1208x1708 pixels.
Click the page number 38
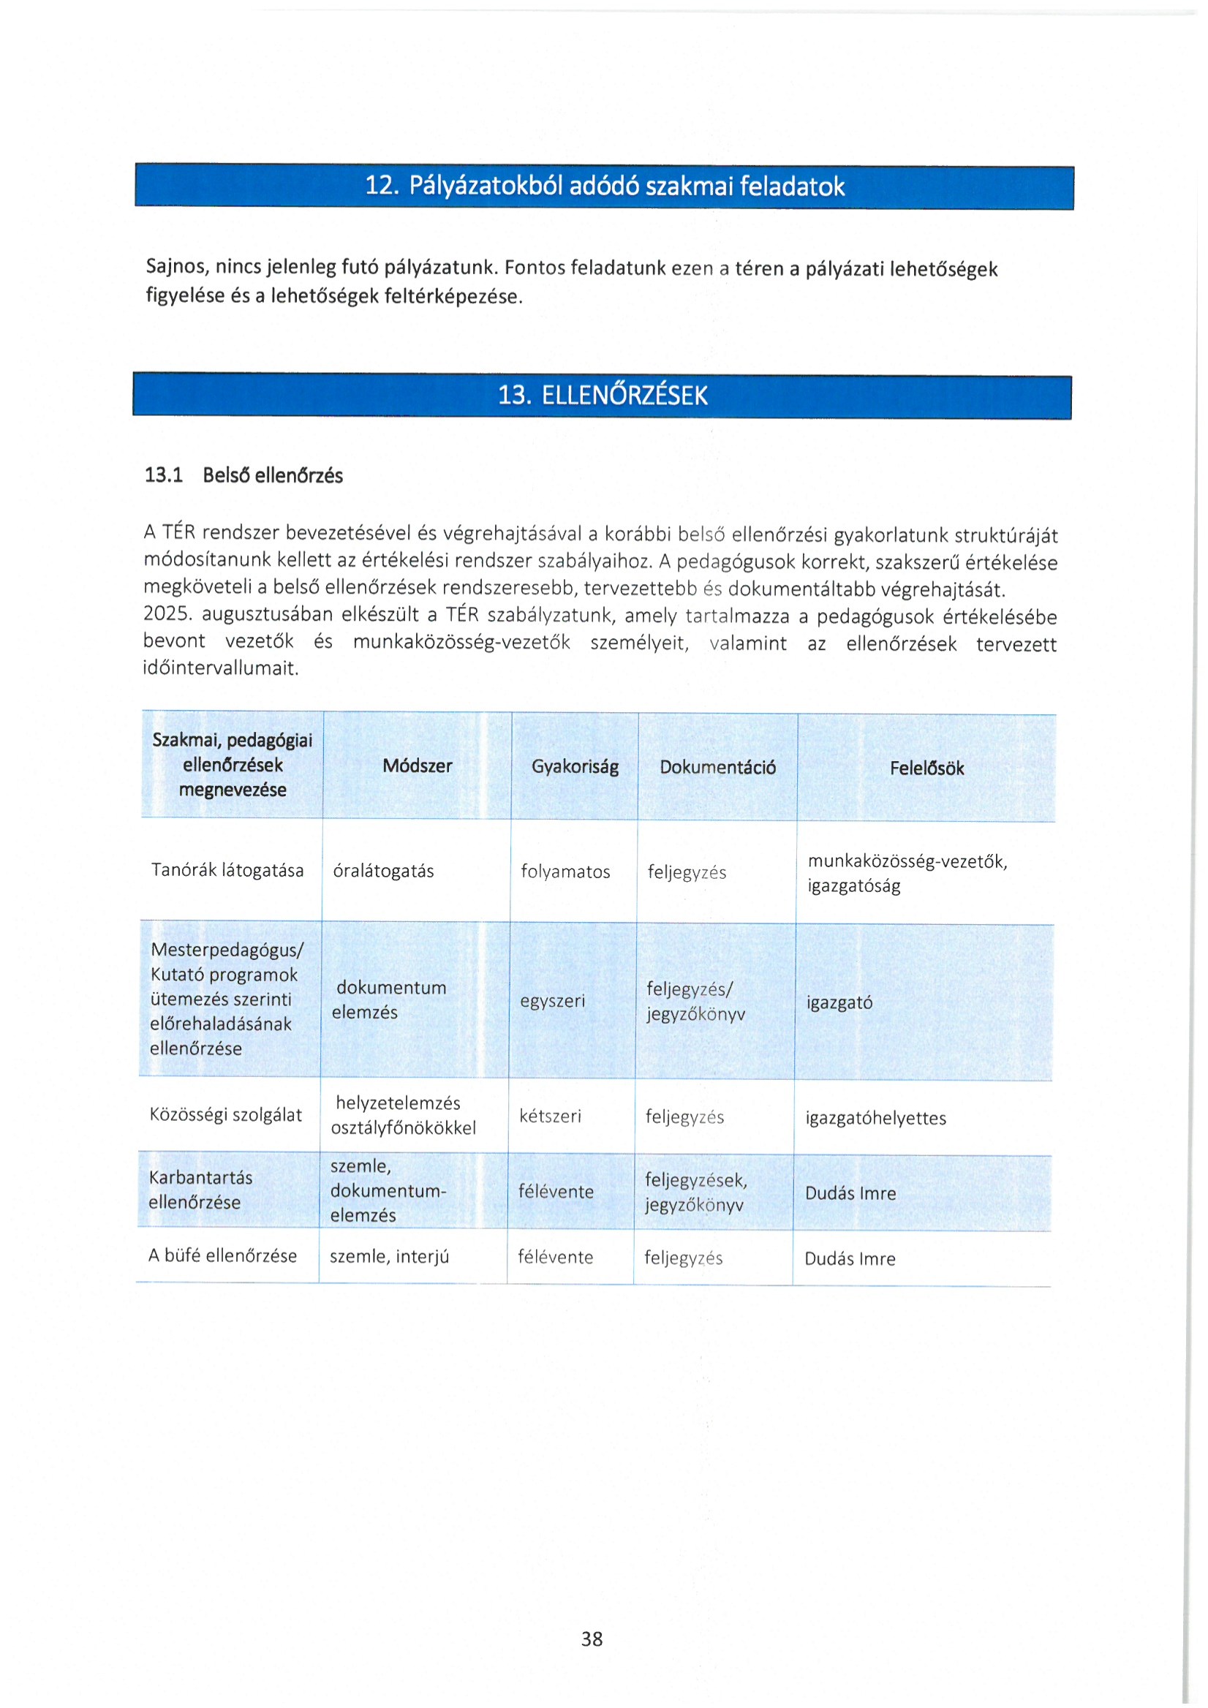point(592,1639)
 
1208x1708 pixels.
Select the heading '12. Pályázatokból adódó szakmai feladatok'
point(604,186)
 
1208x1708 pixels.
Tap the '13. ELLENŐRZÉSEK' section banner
point(603,395)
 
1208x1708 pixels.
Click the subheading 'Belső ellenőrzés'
point(272,475)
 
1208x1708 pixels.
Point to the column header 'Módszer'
point(417,766)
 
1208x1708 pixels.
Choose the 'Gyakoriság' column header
point(574,767)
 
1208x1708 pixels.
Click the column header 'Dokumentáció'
point(717,767)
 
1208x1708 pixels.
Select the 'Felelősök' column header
point(926,768)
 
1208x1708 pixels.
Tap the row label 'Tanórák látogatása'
point(227,869)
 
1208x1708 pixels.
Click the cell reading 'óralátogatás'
point(383,871)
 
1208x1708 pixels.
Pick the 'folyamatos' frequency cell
point(565,872)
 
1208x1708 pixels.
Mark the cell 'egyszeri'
point(552,1000)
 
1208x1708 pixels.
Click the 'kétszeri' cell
point(550,1116)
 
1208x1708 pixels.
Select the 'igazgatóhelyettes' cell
point(875,1118)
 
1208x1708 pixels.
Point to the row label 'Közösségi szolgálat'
point(225,1114)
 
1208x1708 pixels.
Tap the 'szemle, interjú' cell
point(389,1256)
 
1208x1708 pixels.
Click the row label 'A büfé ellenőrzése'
point(222,1255)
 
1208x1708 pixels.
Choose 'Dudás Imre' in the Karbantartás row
point(850,1193)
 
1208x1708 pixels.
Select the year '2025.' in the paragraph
point(167,614)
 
